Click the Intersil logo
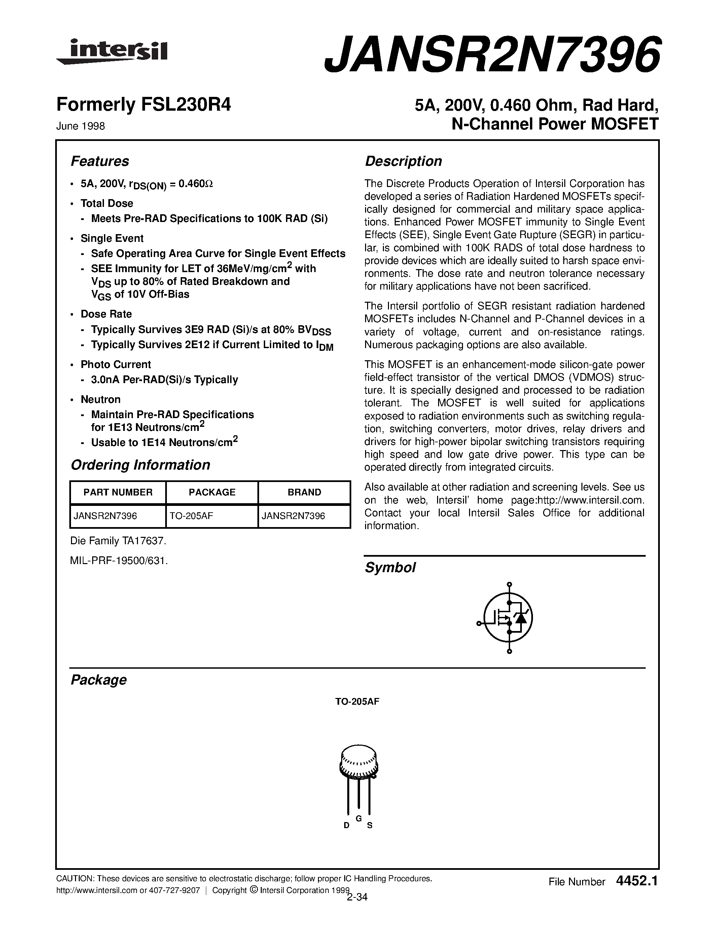click(x=112, y=52)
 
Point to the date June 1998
click(x=80, y=126)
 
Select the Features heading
click(x=100, y=161)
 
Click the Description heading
click(x=403, y=161)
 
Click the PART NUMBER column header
click(x=118, y=492)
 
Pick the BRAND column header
click(x=304, y=492)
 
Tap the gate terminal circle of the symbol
click(x=479, y=623)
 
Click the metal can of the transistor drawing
click(x=358, y=762)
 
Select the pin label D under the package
click(x=347, y=825)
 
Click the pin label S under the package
click(x=369, y=825)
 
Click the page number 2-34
click(x=357, y=897)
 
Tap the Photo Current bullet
click(x=116, y=365)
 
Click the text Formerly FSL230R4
click(x=144, y=105)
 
